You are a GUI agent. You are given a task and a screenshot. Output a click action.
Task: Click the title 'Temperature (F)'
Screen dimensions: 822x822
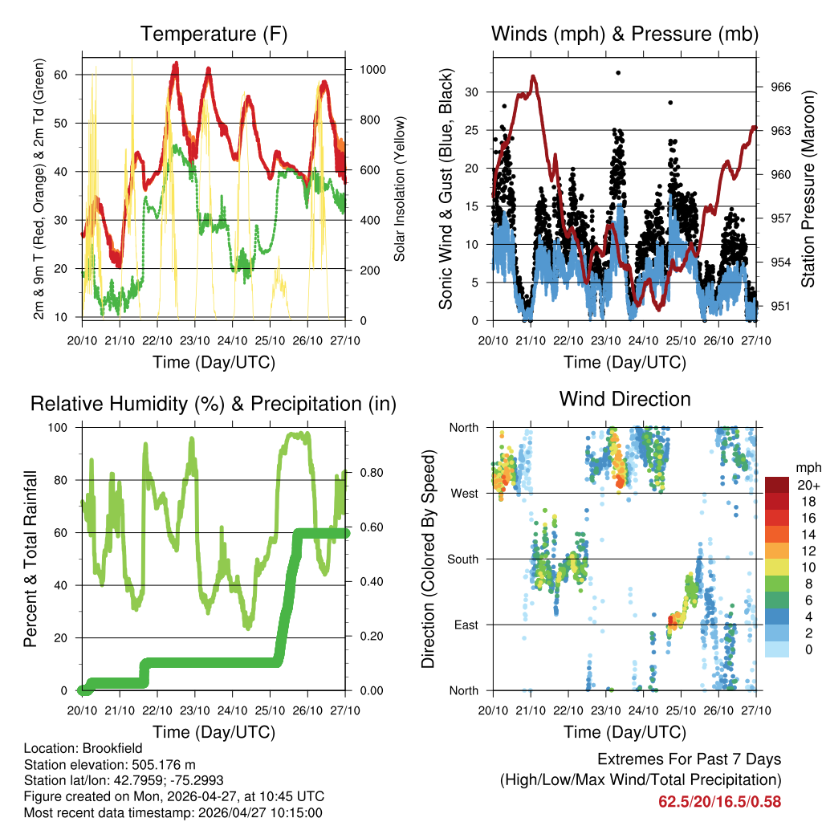point(214,35)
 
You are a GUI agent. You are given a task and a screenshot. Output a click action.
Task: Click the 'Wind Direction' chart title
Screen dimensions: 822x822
point(625,399)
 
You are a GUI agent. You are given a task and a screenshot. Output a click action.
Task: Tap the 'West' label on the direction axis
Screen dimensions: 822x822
point(463,493)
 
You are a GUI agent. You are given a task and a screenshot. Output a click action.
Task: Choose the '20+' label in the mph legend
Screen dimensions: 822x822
point(808,486)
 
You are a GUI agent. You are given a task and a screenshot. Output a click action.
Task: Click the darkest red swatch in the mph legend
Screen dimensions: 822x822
point(776,485)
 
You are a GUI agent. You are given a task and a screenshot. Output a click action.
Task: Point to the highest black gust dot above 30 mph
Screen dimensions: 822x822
point(618,73)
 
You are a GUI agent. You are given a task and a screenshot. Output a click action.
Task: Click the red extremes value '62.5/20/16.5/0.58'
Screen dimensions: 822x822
point(719,802)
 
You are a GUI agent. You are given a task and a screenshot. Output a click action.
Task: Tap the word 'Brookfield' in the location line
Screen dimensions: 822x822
point(103,748)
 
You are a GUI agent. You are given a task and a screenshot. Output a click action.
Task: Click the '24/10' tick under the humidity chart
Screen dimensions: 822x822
point(233,710)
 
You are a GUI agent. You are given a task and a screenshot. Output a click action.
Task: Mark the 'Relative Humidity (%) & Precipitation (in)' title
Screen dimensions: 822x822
point(214,405)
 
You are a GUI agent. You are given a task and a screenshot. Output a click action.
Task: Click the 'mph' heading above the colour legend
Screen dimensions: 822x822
point(808,467)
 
